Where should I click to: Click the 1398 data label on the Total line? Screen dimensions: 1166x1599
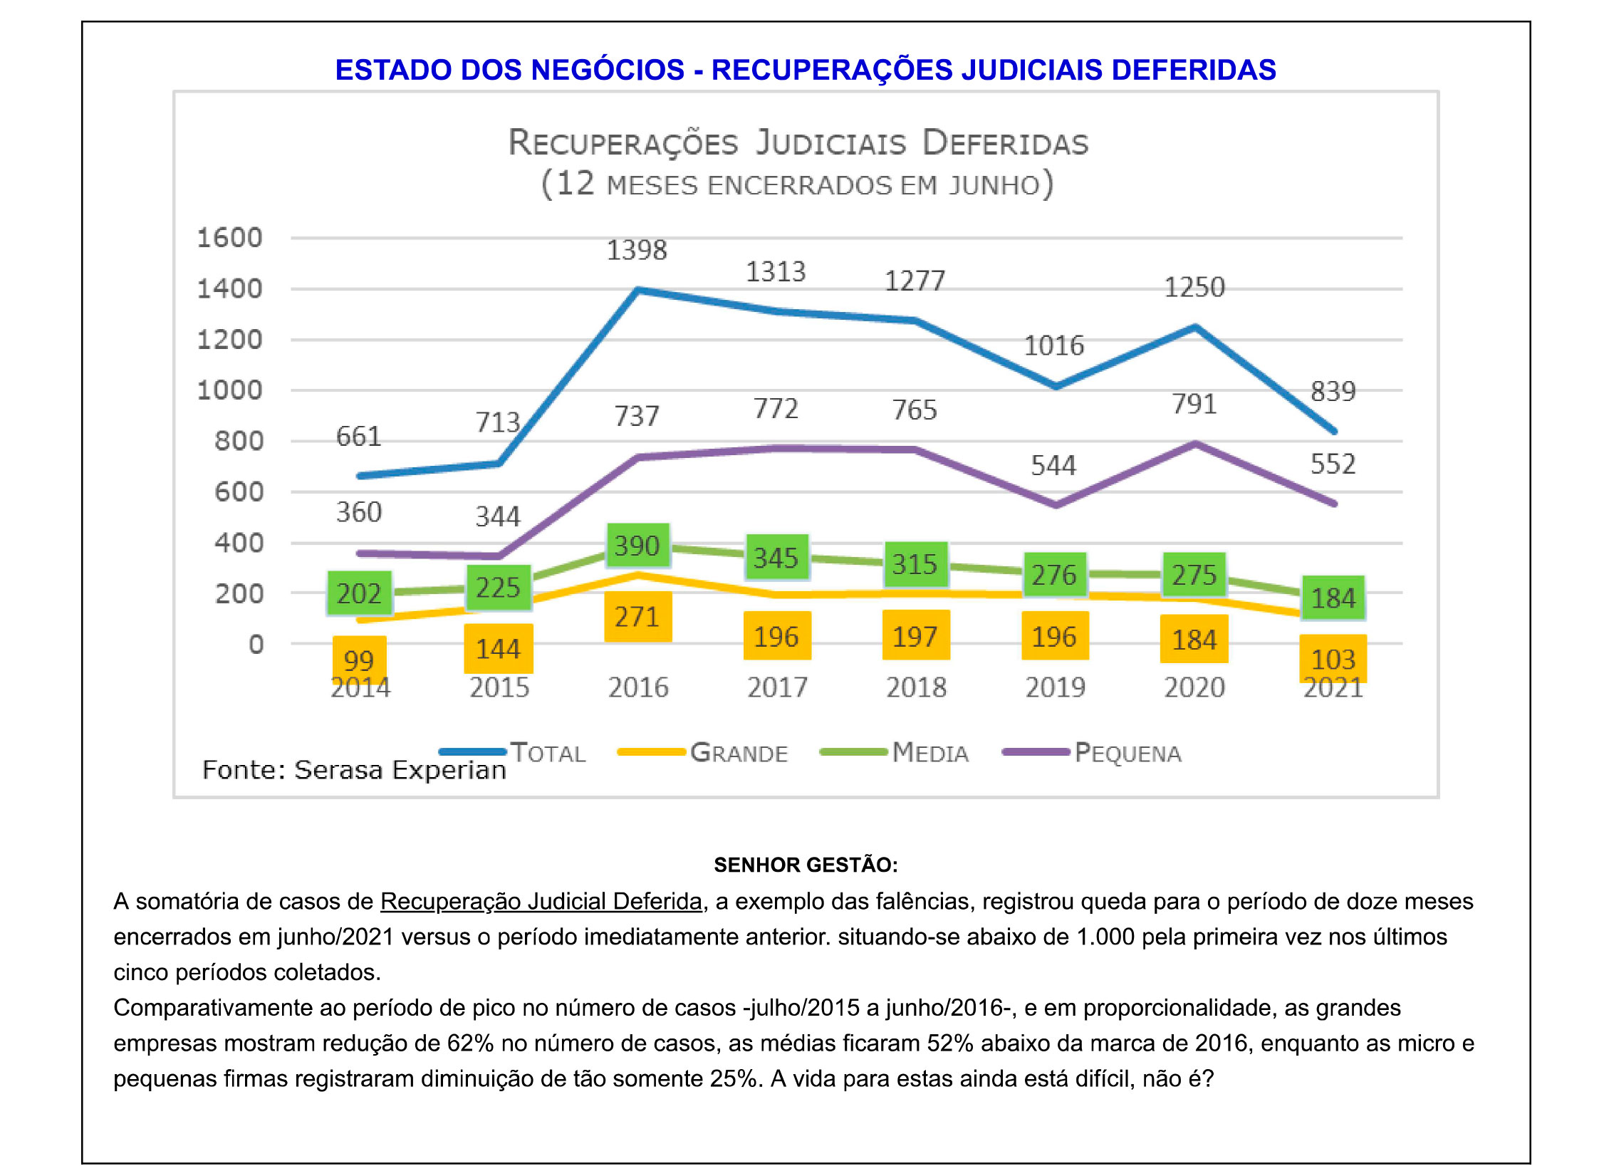click(x=636, y=251)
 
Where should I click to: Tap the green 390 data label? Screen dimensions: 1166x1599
click(x=637, y=546)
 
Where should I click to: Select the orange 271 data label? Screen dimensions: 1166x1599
click(x=637, y=617)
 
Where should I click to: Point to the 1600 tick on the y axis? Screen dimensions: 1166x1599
click(x=229, y=238)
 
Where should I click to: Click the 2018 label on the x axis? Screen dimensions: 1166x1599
click(x=916, y=687)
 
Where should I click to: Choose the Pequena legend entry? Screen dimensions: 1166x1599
click(x=1127, y=753)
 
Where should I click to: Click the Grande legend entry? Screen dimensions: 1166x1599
click(x=739, y=753)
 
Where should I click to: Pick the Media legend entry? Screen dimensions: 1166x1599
click(x=929, y=753)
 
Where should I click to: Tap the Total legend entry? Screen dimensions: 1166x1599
click(x=548, y=753)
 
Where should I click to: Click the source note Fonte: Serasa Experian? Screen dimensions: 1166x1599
click(x=354, y=770)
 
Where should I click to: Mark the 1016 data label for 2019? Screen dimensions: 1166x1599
click(x=1053, y=346)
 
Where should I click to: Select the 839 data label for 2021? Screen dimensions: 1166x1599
click(x=1333, y=392)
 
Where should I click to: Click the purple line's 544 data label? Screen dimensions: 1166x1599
click(x=1053, y=466)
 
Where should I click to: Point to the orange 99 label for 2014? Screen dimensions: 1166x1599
click(x=358, y=660)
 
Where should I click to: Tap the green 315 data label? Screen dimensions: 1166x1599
click(x=915, y=565)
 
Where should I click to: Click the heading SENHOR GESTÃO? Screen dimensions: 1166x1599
click(x=806, y=865)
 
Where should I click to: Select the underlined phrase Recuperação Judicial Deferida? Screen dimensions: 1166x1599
click(x=541, y=902)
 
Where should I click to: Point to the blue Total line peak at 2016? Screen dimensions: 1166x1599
click(x=638, y=290)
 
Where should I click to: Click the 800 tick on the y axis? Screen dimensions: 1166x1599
click(x=239, y=442)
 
